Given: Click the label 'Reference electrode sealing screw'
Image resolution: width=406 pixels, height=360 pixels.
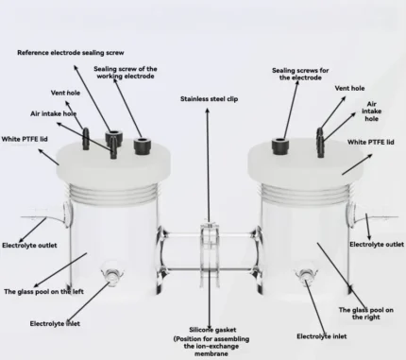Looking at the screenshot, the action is [71, 53].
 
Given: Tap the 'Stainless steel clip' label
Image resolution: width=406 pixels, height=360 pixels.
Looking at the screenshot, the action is [209, 99].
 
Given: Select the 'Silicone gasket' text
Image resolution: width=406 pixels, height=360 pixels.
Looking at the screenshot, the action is [212, 330].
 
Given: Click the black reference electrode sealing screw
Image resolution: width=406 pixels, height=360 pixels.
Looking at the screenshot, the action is [112, 138].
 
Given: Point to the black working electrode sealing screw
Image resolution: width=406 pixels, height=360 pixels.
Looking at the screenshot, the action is [143, 146].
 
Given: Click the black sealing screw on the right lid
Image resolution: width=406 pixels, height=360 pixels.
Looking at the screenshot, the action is [280, 146].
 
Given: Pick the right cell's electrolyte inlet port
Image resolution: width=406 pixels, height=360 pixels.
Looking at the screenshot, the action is [305, 275].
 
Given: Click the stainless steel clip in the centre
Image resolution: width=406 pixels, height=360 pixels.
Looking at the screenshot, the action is [209, 253].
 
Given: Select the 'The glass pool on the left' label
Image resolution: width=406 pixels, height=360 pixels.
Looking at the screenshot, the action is [43, 292].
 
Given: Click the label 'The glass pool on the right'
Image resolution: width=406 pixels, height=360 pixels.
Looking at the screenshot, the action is [366, 314].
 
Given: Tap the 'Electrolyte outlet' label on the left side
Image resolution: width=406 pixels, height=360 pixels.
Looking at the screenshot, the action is [29, 246].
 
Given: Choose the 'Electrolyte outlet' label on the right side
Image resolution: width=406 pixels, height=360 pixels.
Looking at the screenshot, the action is [377, 245].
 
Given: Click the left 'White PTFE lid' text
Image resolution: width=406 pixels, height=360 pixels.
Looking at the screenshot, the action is [25, 139].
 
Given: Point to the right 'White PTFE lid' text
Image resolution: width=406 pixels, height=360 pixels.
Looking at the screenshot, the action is [371, 142].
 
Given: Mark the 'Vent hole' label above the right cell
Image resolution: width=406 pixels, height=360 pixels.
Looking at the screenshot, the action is [349, 88].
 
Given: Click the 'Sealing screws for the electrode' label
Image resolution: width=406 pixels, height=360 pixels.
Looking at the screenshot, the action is [300, 74].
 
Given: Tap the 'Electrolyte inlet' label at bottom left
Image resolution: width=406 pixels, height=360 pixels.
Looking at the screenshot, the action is [55, 324].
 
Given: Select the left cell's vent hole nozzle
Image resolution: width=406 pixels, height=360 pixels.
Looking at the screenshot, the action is [86, 139].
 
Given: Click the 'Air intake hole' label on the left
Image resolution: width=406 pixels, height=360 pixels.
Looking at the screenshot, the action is [54, 113].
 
